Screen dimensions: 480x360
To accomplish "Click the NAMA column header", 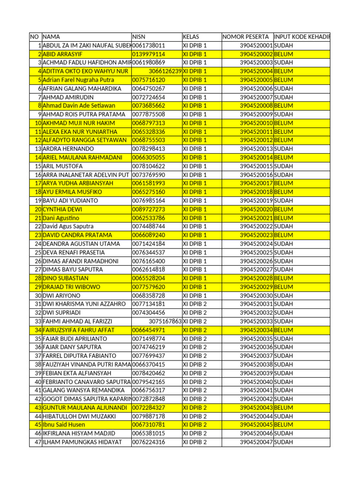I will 51,37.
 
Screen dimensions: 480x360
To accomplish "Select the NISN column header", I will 139,37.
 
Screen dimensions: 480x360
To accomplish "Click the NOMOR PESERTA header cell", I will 246,37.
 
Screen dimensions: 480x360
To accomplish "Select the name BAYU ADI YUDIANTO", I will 70,201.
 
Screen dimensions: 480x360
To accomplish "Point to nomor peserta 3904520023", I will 256,235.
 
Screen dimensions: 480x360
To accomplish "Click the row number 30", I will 37,295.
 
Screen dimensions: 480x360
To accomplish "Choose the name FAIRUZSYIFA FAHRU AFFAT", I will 78,330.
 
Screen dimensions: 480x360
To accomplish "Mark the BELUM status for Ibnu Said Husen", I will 284,425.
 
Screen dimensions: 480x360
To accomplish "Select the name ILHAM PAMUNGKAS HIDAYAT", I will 82,442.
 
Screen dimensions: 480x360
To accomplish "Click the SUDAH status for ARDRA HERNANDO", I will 284,149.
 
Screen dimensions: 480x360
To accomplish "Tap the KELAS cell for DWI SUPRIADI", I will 195,313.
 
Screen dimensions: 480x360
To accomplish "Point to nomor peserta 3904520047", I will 256,442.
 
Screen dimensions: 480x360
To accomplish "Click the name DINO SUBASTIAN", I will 65,278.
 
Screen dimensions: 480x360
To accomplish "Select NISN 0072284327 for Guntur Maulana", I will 149,407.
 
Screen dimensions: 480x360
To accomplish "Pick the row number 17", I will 37,183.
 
